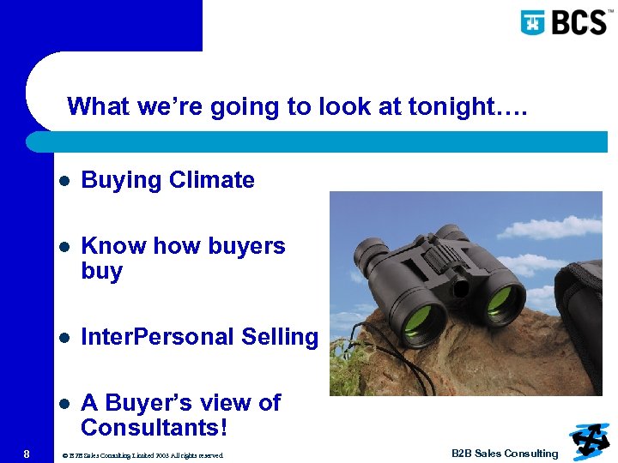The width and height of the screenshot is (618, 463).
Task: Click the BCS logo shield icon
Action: [x=533, y=21]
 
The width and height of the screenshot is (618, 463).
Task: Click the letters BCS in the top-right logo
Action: [x=577, y=21]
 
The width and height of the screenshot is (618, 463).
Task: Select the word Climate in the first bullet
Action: [x=212, y=180]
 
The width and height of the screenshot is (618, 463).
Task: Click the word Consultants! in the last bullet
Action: [x=154, y=428]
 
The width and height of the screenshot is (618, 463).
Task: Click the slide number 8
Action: [x=27, y=454]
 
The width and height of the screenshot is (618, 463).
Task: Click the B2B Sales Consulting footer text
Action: [x=505, y=454]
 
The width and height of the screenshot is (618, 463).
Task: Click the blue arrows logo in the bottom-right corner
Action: [x=591, y=441]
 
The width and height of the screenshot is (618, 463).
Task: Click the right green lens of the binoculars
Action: [x=501, y=300]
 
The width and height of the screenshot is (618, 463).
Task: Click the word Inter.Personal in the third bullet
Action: [x=156, y=337]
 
